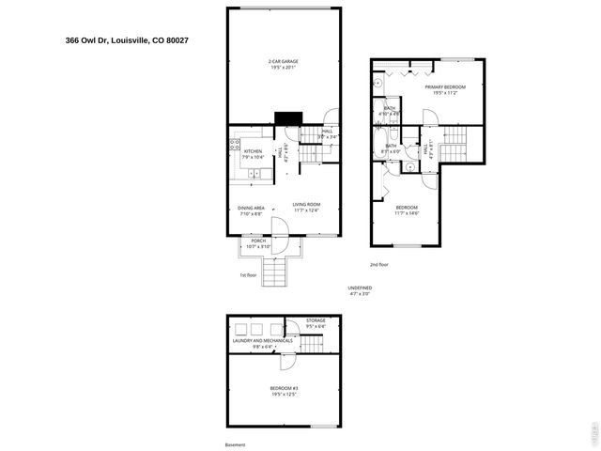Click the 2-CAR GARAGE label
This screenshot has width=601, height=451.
tap(284, 62)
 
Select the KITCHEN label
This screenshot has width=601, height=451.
tap(253, 151)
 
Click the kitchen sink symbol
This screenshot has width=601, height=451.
tap(235, 173)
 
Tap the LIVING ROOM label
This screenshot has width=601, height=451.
tap(306, 205)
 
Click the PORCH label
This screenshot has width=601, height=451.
tap(258, 241)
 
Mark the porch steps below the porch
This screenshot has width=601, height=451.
tap(275, 273)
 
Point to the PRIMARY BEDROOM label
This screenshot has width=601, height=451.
tap(450, 86)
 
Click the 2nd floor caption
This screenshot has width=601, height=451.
tap(378, 265)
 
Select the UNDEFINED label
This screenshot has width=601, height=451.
tap(360, 288)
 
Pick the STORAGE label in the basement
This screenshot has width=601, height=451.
tap(316, 321)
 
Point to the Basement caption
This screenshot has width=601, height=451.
tap(235, 444)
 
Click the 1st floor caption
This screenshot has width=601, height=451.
tap(248, 274)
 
